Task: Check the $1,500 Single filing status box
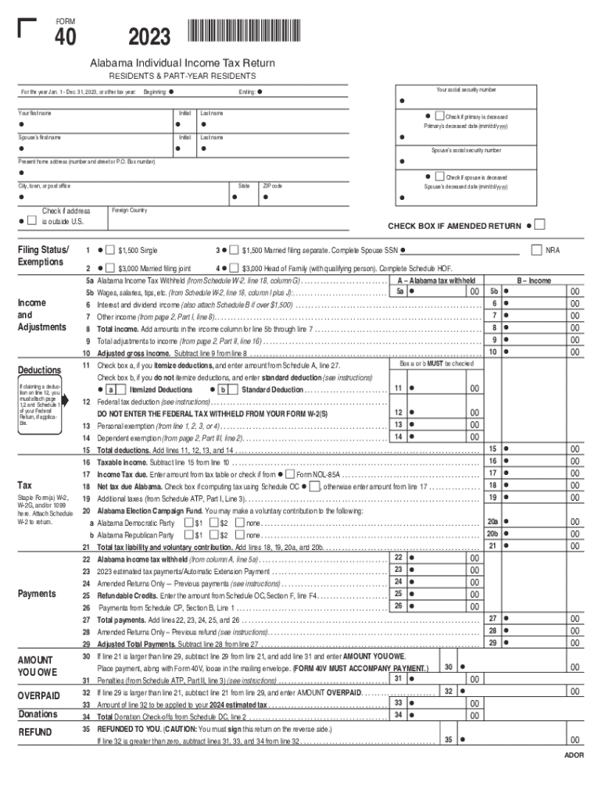point(109,250)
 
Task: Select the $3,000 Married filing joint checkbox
point(109,267)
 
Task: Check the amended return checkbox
point(540,226)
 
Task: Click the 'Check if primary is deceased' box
point(439,116)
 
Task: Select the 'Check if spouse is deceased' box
point(439,177)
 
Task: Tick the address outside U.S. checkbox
point(30,221)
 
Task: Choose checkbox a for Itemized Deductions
point(112,389)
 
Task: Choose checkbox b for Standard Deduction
point(224,389)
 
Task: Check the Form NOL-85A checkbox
point(290,474)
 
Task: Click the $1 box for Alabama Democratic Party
point(188,523)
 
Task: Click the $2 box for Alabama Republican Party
point(213,535)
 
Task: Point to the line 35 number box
point(449,739)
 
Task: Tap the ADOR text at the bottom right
point(574,756)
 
